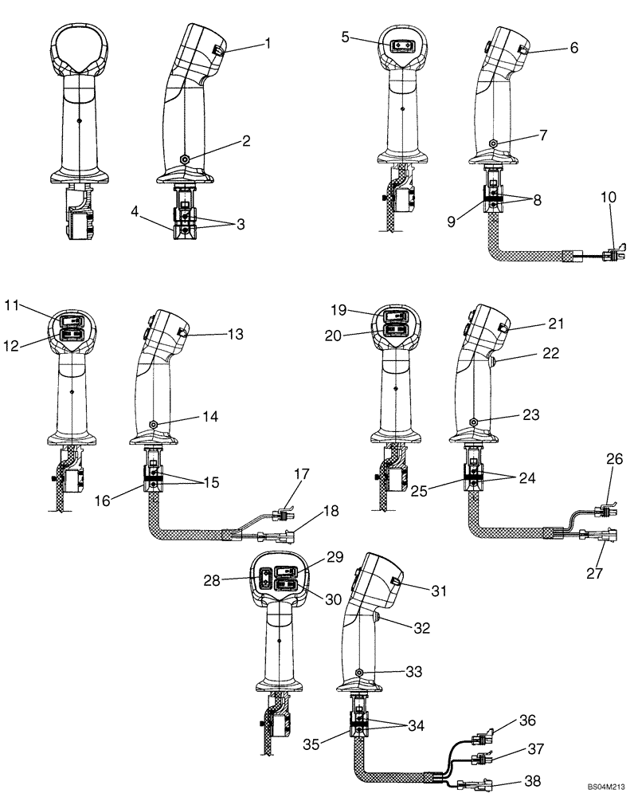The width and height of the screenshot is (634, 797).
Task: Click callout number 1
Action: point(268,45)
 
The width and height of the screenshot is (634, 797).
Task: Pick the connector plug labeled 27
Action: point(597,536)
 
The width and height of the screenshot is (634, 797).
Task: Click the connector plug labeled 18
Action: point(284,529)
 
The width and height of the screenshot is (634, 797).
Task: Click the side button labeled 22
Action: point(495,365)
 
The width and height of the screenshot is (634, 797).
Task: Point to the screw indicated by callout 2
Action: point(185,159)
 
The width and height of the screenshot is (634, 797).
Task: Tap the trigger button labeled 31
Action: point(395,587)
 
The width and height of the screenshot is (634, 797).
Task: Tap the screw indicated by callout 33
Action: point(360,672)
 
